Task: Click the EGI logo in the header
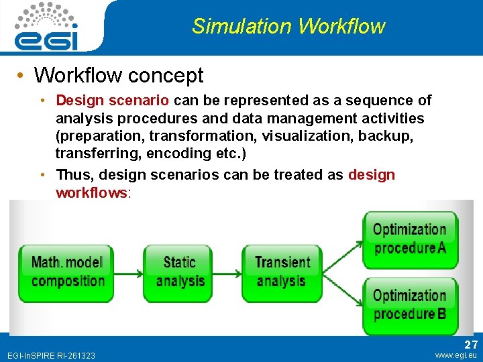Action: point(46,27)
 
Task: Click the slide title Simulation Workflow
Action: point(288,26)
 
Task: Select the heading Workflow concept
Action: point(118,75)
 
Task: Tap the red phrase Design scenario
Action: point(112,101)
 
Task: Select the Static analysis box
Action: point(179,271)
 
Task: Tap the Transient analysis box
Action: point(282,271)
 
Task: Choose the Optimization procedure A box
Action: point(409,239)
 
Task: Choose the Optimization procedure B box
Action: point(409,305)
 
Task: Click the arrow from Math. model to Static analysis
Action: point(127,271)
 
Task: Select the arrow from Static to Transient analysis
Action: point(227,271)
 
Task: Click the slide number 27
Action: point(470,345)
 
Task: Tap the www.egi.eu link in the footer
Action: point(456,355)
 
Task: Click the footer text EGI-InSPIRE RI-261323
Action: point(51,355)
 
